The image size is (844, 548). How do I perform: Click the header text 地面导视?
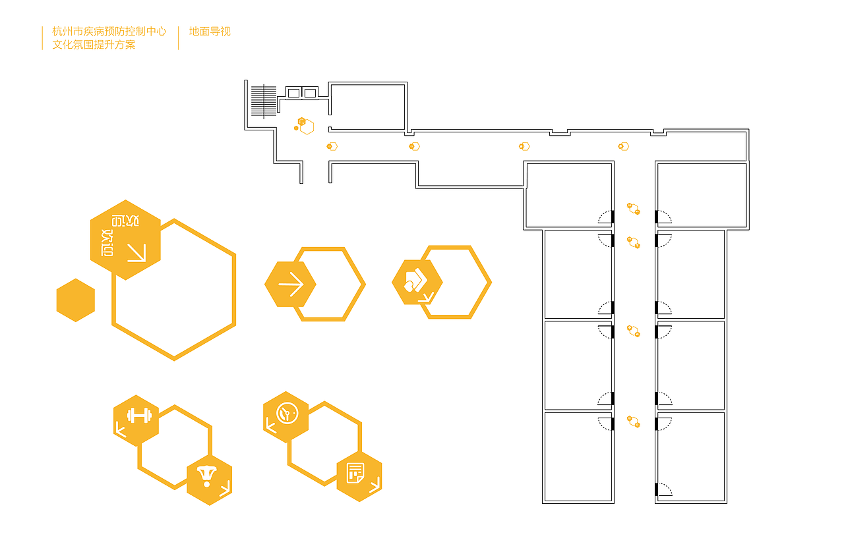pos(210,31)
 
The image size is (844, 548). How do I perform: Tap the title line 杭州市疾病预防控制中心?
pos(109,31)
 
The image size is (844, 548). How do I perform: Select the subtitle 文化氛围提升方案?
pos(94,45)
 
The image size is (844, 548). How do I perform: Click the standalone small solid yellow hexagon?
pos(76,300)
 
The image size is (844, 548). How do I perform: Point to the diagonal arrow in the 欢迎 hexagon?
pos(136,252)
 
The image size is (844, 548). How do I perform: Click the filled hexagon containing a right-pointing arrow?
pos(290,285)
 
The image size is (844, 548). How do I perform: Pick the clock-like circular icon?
pos(287,414)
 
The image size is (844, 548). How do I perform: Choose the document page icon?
pos(356,473)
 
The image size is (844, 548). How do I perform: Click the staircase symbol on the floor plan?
pos(263,101)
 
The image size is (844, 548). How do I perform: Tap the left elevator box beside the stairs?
pos(293,93)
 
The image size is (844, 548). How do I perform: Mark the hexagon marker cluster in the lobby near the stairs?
pos(304,125)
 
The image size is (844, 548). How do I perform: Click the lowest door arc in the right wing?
pos(664,489)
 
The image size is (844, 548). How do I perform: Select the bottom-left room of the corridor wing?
pos(578,456)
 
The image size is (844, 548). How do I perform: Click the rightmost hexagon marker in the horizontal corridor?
pos(623,146)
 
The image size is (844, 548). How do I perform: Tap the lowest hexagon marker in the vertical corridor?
pos(634,422)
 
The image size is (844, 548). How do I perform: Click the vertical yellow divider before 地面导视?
pos(178,38)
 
